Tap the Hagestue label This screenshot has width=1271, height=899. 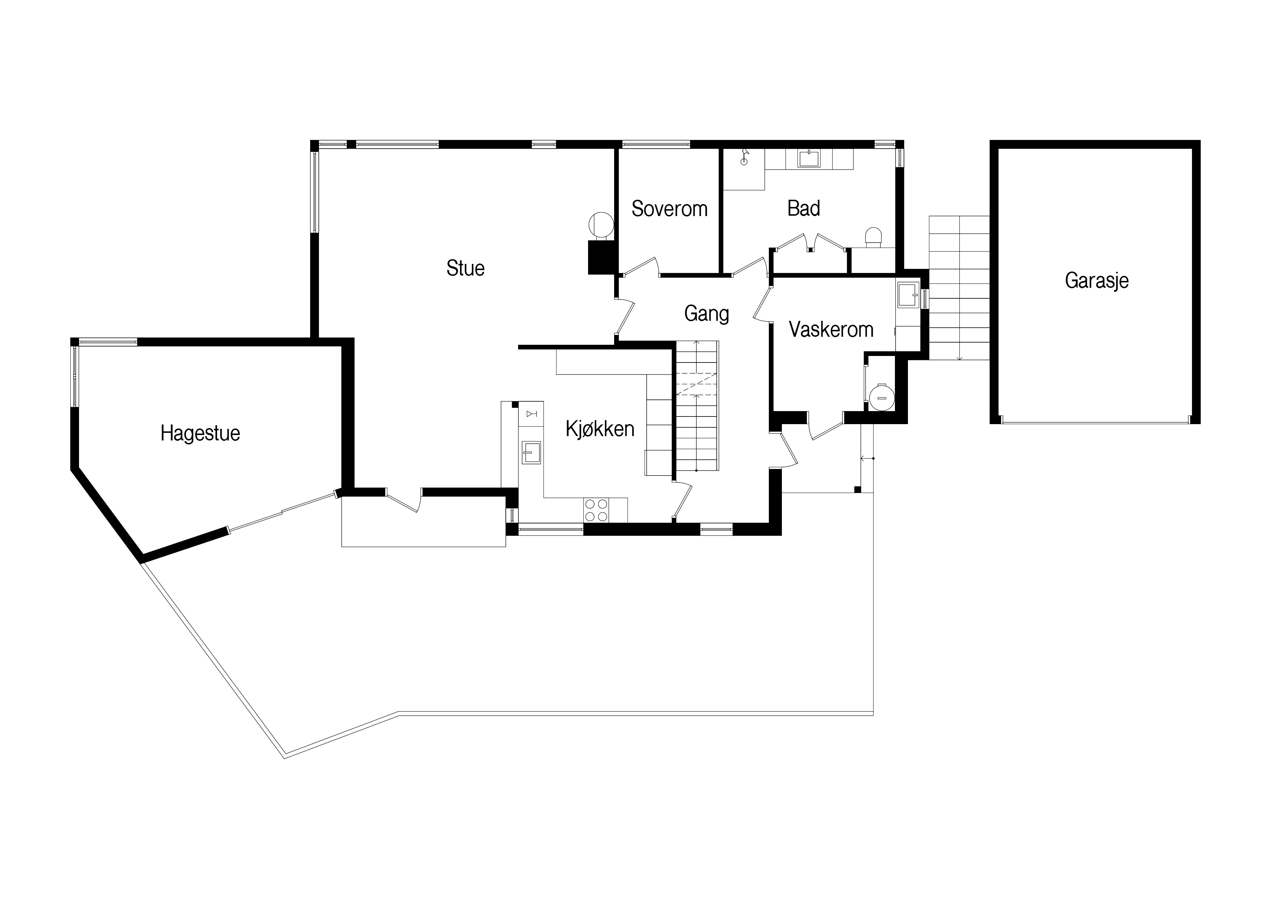pos(200,433)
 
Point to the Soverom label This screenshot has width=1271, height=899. pos(669,209)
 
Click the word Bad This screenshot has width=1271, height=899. pos(803,209)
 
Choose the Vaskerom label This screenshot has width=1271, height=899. pos(831,330)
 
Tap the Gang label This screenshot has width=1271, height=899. pos(707,314)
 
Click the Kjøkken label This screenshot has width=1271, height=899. pos(600,429)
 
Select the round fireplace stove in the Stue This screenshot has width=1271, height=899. pos(601,225)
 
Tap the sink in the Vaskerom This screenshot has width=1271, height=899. pos(908,294)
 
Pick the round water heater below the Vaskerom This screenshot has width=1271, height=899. pos(881,397)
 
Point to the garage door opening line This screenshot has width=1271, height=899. pos(1096,423)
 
